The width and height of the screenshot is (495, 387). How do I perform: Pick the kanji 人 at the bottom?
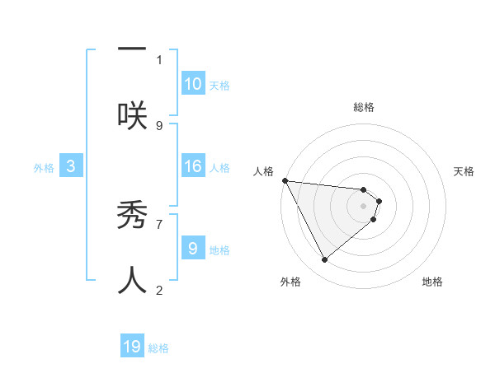132,280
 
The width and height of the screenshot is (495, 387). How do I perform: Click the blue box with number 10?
193,84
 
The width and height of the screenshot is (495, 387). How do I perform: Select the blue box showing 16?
193,167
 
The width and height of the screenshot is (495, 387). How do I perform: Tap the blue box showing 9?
193,248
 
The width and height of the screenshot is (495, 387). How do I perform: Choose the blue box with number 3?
71,167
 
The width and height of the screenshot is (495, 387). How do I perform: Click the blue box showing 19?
132,347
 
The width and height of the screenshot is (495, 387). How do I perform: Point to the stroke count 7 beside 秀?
159,223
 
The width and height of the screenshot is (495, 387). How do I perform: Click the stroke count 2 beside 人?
159,290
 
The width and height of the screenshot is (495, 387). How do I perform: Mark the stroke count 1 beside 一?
159,59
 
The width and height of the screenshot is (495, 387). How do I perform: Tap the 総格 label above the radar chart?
364,107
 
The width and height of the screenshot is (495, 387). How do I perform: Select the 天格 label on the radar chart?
464,171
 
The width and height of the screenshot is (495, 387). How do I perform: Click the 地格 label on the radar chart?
432,282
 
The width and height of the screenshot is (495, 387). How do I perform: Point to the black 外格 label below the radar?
290,282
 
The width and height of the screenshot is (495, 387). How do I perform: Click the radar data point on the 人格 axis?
285,180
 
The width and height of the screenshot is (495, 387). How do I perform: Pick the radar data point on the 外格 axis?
324,259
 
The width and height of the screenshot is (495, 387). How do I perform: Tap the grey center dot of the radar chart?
364,206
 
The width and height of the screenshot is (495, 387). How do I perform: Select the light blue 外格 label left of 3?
44,168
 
